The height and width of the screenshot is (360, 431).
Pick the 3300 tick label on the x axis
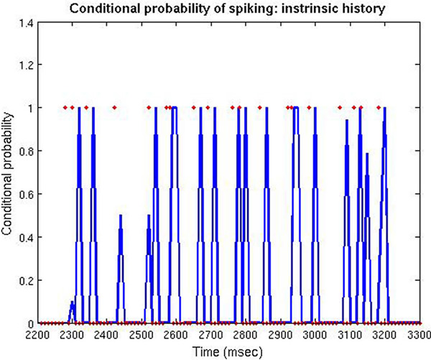(x=419, y=335)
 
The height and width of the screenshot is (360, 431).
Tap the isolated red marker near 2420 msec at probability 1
(x=113, y=108)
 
